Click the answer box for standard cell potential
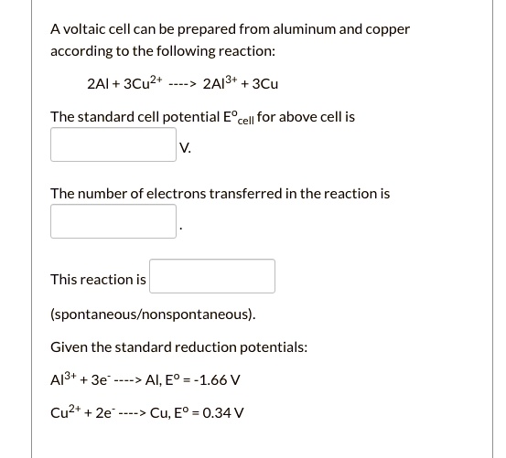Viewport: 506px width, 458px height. tap(113, 145)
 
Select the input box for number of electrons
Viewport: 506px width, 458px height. tap(113, 221)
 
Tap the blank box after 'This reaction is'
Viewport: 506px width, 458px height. tap(212, 276)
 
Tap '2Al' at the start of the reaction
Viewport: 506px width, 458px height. tap(97, 84)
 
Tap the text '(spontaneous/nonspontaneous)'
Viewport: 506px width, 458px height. tap(153, 314)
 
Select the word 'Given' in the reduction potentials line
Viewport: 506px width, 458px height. tap(70, 347)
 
